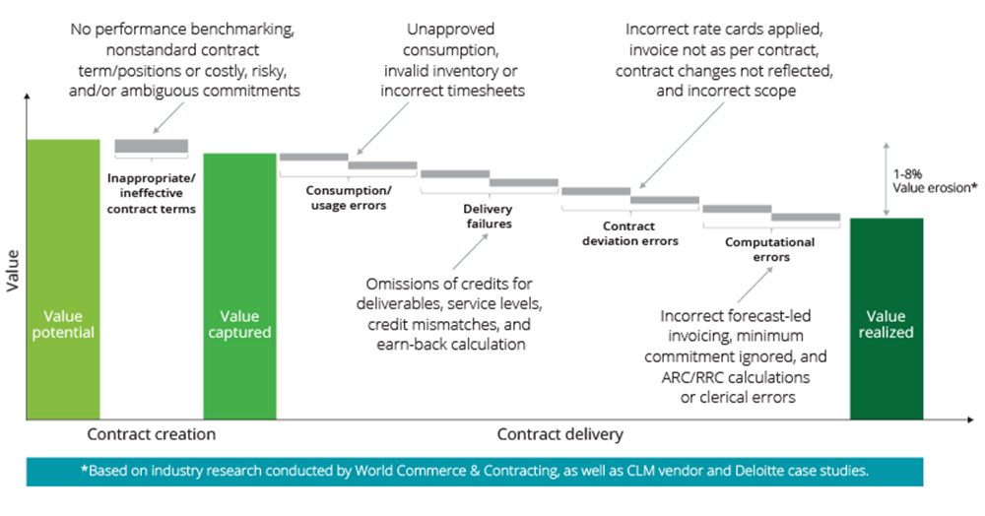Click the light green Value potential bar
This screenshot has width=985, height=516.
coord(63,280)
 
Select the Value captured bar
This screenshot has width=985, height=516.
coord(240,287)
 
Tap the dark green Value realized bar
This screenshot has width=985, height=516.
coord(886,319)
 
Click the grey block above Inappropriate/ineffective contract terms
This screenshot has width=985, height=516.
coord(152,147)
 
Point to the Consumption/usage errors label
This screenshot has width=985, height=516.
coord(349,198)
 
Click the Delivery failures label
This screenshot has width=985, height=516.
coord(489,216)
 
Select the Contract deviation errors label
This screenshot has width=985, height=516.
coord(630,233)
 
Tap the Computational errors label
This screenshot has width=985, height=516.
coord(770,249)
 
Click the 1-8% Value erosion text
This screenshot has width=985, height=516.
coord(935,181)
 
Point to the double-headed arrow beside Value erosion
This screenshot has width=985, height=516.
coord(886,179)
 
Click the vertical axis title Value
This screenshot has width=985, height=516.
coord(13,271)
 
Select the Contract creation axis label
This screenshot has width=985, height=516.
coord(152,434)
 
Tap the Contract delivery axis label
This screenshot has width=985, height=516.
coord(560,434)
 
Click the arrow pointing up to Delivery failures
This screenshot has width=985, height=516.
coord(470,252)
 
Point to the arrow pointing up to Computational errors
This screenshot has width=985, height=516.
coord(755,285)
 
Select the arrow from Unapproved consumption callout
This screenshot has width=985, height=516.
coord(382,128)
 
